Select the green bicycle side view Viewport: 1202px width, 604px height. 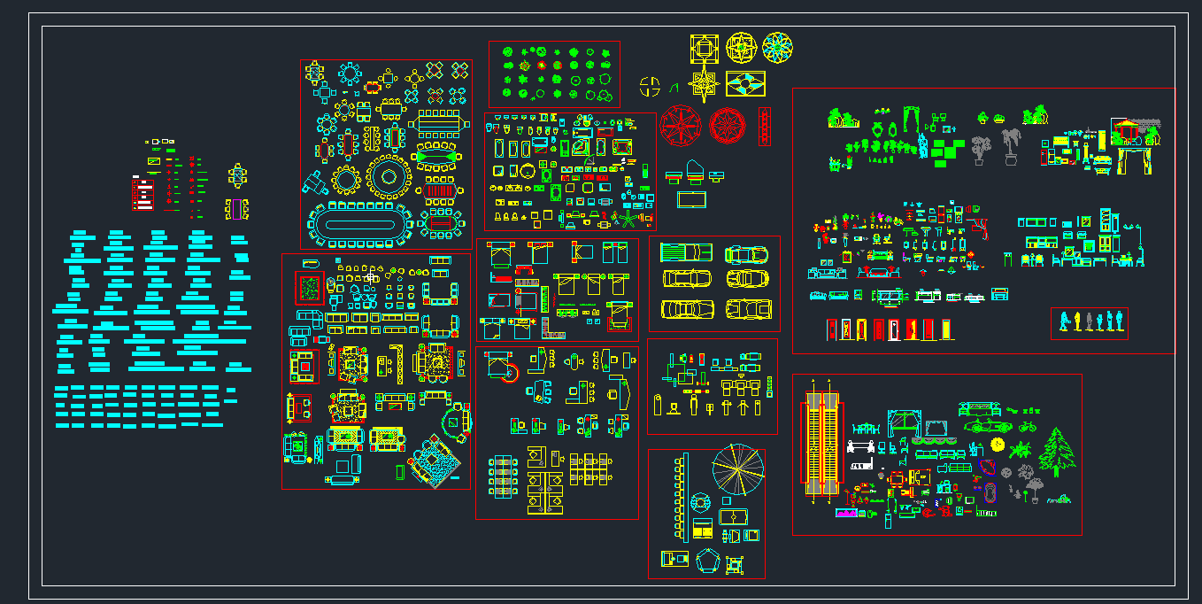click(1027, 427)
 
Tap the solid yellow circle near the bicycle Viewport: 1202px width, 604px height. click(998, 444)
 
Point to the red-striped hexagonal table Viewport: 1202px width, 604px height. click(440, 190)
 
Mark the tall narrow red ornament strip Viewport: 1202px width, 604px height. click(765, 127)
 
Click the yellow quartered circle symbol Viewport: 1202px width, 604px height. click(651, 86)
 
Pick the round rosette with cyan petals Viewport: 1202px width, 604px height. click(777, 48)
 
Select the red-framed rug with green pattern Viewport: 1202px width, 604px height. click(310, 289)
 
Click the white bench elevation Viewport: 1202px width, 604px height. click(862, 447)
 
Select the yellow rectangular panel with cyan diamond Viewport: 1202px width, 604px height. click(745, 84)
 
